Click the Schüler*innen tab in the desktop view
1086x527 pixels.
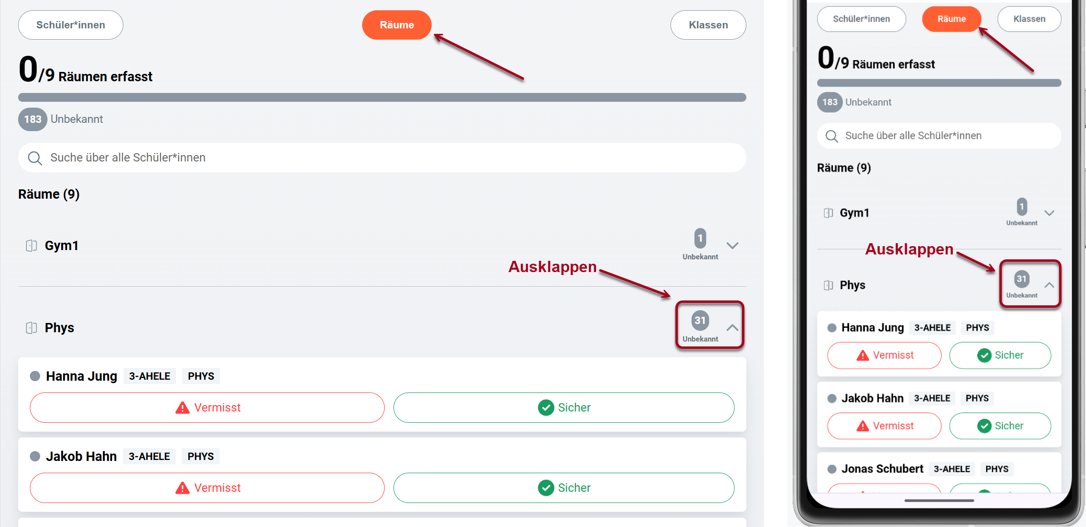[x=70, y=25]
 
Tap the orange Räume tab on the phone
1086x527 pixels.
[x=951, y=19]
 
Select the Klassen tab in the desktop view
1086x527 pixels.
[x=708, y=25]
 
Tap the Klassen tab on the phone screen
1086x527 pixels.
[x=1029, y=19]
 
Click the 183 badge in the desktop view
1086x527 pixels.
[x=33, y=119]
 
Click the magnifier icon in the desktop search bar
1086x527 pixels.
[x=35, y=158]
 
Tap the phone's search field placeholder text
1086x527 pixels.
[x=913, y=136]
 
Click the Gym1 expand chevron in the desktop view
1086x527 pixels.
[x=732, y=246]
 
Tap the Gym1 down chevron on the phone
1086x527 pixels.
[x=1049, y=213]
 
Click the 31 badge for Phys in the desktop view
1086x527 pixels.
[x=700, y=321]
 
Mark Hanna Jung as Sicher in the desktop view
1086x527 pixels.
[x=564, y=408]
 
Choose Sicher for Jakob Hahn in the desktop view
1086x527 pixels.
[x=564, y=488]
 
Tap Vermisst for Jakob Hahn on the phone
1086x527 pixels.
[x=884, y=426]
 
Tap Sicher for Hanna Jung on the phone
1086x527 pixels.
[x=1000, y=355]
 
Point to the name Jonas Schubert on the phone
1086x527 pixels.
[x=882, y=469]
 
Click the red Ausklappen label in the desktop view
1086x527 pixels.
[x=553, y=267]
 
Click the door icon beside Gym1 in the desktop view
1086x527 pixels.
[x=31, y=246]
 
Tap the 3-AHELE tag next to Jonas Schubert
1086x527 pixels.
[x=952, y=469]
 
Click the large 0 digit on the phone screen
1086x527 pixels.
[x=826, y=58]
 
